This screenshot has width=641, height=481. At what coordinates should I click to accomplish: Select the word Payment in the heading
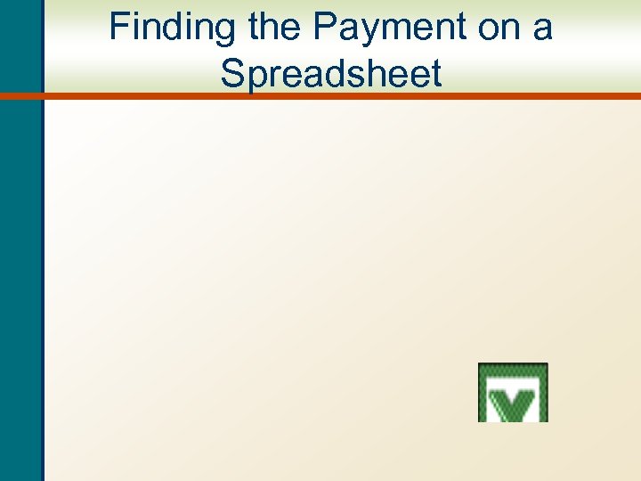tap(387, 28)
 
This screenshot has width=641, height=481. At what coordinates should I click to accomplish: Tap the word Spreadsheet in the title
tap(331, 73)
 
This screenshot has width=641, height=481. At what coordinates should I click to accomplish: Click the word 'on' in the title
tap(494, 28)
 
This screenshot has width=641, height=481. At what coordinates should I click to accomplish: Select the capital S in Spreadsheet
tap(231, 73)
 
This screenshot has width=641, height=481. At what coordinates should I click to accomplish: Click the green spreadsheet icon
tap(513, 392)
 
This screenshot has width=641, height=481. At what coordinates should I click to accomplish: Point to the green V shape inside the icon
tap(513, 406)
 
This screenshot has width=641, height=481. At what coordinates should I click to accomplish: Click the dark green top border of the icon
tap(513, 367)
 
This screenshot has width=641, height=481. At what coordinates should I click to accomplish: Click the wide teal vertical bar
tap(18, 267)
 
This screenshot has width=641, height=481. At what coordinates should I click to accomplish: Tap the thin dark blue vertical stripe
tap(41, 267)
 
